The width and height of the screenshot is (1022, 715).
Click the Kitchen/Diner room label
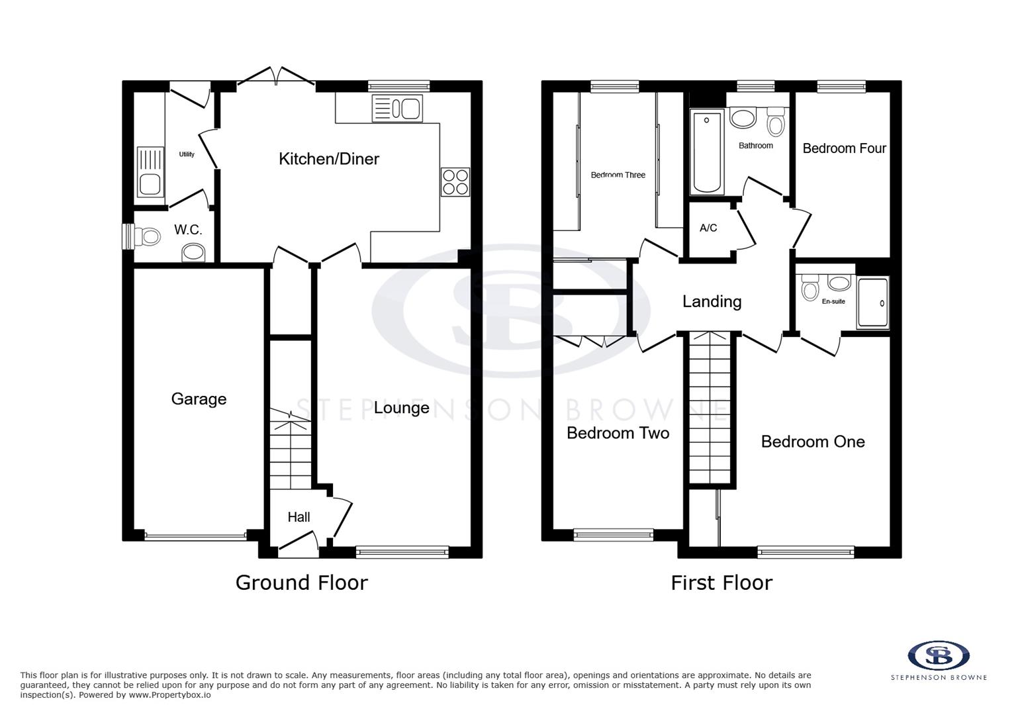(x=328, y=159)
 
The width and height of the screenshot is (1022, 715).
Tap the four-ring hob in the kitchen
(x=455, y=181)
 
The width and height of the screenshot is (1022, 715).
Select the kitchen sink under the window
(x=397, y=109)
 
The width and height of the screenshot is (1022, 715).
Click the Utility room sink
(x=150, y=171)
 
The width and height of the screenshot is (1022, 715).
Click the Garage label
(x=199, y=399)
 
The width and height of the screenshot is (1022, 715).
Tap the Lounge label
(x=401, y=408)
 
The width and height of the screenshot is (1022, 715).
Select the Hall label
(x=299, y=517)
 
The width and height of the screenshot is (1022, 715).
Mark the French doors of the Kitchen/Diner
(x=276, y=75)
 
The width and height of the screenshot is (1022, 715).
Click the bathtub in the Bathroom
(x=707, y=152)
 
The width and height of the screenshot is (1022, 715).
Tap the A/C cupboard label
(x=708, y=228)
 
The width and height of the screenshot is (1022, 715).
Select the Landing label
(x=712, y=302)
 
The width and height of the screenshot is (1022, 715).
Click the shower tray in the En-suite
(x=872, y=303)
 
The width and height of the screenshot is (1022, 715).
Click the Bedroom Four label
(x=844, y=148)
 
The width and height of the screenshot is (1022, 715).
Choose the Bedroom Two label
(x=618, y=433)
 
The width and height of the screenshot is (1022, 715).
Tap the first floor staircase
(x=712, y=407)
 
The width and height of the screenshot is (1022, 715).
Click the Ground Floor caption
(x=301, y=583)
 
